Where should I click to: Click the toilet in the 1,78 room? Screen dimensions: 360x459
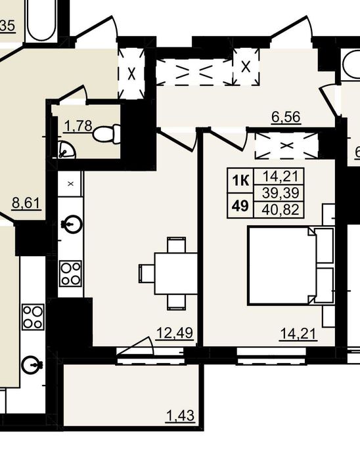pyautogui.click(x=106, y=134)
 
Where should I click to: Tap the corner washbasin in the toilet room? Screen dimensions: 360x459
pyautogui.click(x=66, y=150)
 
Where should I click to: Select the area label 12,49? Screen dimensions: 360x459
pyautogui.click(x=175, y=333)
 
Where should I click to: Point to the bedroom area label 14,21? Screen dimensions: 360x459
pyautogui.click(x=298, y=334)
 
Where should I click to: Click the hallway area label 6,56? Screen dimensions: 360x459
pyautogui.click(x=286, y=117)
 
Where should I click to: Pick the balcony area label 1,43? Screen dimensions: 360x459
pyautogui.click(x=180, y=416)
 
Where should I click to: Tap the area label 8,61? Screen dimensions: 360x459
pyautogui.click(x=26, y=203)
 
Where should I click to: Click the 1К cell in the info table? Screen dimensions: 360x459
pyautogui.click(x=240, y=181)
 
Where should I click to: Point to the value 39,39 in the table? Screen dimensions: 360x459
pyautogui.click(x=281, y=193)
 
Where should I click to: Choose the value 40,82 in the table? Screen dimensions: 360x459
pyautogui.click(x=281, y=209)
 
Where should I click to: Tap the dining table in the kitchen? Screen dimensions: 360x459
pyautogui.click(x=176, y=273)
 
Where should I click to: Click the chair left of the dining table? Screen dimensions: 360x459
pyautogui.click(x=146, y=273)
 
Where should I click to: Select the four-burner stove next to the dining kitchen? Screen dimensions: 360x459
pyautogui.click(x=70, y=273)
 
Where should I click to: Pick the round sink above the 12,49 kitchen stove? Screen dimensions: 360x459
pyautogui.click(x=73, y=224)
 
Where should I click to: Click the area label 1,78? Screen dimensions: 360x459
pyautogui.click(x=78, y=127)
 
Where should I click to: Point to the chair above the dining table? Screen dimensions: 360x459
pyautogui.click(x=176, y=245)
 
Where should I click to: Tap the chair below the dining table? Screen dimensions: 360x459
pyautogui.click(x=176, y=302)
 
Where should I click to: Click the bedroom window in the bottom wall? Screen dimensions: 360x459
pyautogui.click(x=271, y=356)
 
